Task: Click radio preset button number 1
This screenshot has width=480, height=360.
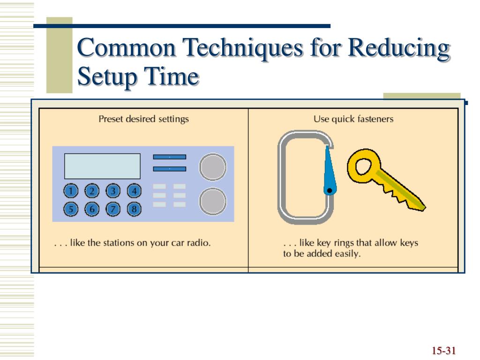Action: [70, 191]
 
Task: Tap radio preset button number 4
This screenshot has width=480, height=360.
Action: [134, 191]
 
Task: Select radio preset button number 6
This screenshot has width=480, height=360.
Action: [92, 209]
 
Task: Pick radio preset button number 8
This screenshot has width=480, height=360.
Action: [134, 209]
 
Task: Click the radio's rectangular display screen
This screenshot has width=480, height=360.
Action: [102, 166]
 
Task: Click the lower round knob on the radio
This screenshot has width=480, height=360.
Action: [213, 201]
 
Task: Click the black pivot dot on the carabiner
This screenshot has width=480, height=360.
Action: [329, 190]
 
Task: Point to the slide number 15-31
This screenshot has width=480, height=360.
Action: [444, 351]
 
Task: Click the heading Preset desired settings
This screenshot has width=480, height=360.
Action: [143, 119]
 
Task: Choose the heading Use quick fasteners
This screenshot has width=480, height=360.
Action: [353, 119]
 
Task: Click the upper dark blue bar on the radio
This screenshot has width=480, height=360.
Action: [169, 157]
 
